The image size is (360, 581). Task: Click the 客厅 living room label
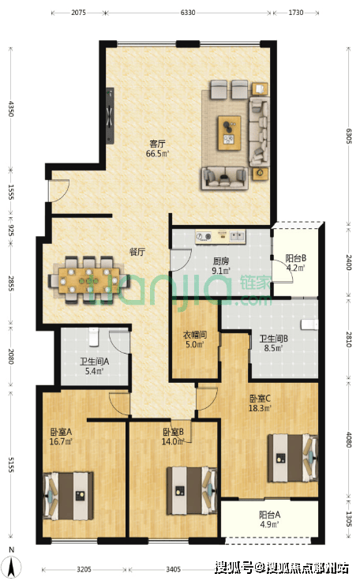tap(157, 144)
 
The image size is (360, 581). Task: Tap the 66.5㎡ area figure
tap(157, 153)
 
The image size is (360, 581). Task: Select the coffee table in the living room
tap(229, 133)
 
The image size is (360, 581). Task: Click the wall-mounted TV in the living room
tap(110, 115)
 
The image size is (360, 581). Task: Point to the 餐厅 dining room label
tap(137, 252)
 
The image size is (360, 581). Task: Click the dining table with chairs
tap(89, 280)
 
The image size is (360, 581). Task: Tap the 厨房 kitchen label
tap(221, 261)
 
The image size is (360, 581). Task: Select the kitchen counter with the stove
tap(220, 237)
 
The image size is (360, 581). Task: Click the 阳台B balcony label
tap(295, 258)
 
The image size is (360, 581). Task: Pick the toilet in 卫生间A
tap(94, 336)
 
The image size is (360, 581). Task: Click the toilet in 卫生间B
tap(309, 324)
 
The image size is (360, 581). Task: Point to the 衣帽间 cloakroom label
tap(195, 335)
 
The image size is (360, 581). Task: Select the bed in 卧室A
tap(68, 496)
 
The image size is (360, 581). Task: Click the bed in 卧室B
tap(192, 490)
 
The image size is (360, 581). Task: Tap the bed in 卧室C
tap(293, 458)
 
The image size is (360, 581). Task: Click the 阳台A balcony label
tap(269, 515)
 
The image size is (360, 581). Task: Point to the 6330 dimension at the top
tap(188, 13)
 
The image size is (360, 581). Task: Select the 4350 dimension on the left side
tap(11, 109)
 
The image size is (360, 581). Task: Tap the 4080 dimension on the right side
tap(348, 440)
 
